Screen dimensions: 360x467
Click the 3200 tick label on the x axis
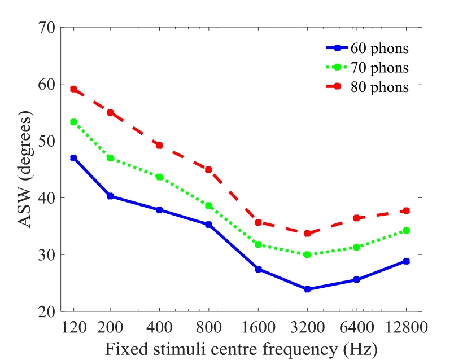pos(307,327)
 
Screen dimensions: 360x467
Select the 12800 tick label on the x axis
pos(405,327)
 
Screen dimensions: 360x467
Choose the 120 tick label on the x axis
pos(73,327)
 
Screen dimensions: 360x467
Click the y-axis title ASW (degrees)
pos(25,169)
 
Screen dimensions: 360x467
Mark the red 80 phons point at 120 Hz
pos(73,89)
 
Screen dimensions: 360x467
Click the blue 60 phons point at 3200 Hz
pos(307,289)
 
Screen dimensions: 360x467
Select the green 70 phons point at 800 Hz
pos(208,205)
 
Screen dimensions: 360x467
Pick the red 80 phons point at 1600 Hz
pos(258,222)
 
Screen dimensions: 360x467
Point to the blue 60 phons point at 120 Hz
pos(73,158)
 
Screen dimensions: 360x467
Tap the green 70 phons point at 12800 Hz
pos(406,230)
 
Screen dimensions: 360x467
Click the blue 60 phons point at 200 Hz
pos(110,196)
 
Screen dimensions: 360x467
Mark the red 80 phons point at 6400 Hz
pos(356,218)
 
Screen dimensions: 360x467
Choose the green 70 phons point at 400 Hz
pos(159,177)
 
